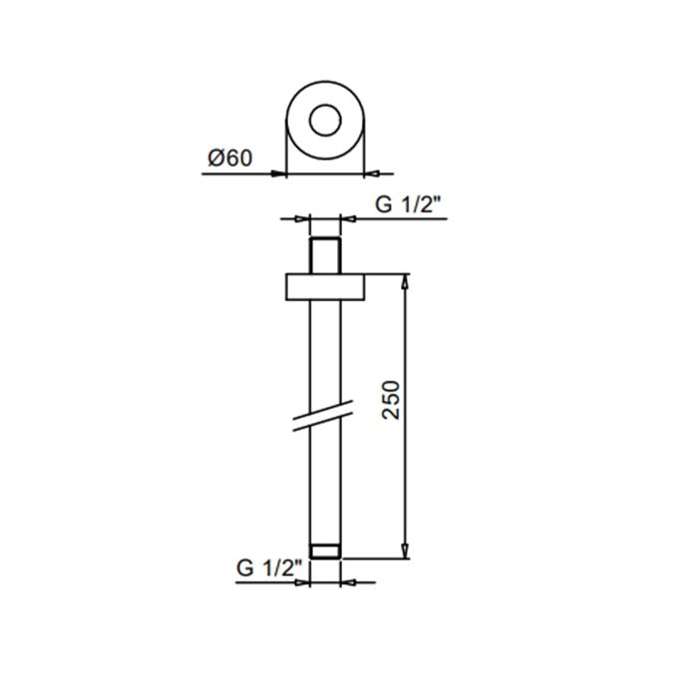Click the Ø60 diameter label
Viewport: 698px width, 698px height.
click(230, 158)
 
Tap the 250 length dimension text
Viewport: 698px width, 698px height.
click(392, 399)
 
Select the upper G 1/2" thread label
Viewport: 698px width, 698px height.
click(408, 204)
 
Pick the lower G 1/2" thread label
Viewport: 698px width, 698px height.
click(269, 568)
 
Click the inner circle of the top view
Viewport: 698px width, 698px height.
click(325, 105)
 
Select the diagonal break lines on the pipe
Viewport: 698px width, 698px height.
click(323, 416)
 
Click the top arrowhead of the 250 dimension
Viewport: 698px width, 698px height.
click(405, 281)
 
